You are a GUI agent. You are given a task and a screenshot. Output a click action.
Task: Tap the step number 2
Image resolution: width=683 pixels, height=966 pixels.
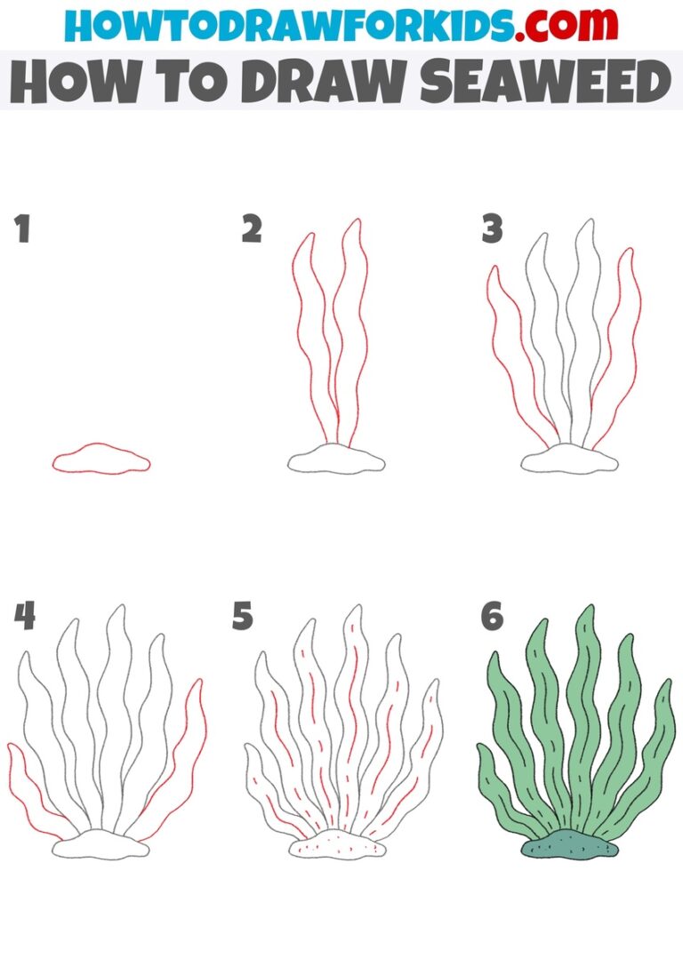tap(252, 229)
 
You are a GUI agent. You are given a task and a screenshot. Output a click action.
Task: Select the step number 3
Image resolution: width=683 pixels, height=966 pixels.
tap(493, 229)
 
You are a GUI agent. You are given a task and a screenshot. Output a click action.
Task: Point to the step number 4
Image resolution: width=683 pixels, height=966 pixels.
tap(24, 616)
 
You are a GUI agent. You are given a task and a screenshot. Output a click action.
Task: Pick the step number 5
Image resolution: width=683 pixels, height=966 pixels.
tap(243, 616)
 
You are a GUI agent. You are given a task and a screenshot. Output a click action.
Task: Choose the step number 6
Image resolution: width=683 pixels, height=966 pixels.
tap(493, 616)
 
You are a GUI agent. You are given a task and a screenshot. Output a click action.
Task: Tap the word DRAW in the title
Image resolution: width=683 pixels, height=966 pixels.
tap(309, 83)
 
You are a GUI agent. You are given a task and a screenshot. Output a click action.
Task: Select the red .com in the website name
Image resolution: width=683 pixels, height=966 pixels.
tap(557, 26)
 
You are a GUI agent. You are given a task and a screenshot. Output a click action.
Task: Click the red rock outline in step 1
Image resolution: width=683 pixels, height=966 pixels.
tap(100, 459)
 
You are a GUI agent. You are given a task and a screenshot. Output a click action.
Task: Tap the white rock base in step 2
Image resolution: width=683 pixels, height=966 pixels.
tap(336, 460)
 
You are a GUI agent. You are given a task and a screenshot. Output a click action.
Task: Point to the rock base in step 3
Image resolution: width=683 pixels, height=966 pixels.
tap(569, 460)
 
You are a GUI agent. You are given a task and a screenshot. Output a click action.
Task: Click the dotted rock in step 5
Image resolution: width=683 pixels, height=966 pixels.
tap(338, 847)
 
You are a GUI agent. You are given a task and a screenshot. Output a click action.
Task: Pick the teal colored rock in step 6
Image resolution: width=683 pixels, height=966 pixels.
tap(569, 847)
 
